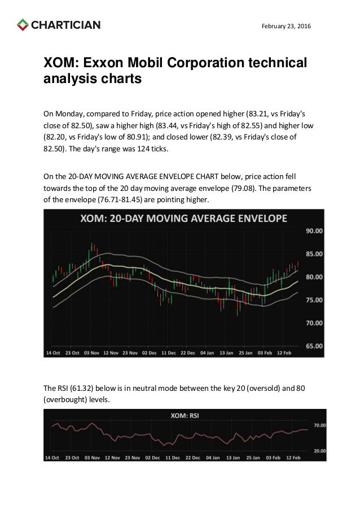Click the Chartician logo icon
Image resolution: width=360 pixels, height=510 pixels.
pos(23,25)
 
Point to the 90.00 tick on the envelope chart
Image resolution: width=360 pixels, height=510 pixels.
pos(314,231)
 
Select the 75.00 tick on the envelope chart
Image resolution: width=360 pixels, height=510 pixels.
pos(314,300)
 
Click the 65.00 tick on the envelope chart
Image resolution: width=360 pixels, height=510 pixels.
pos(314,346)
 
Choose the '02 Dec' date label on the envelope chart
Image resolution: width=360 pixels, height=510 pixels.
pos(150,353)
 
